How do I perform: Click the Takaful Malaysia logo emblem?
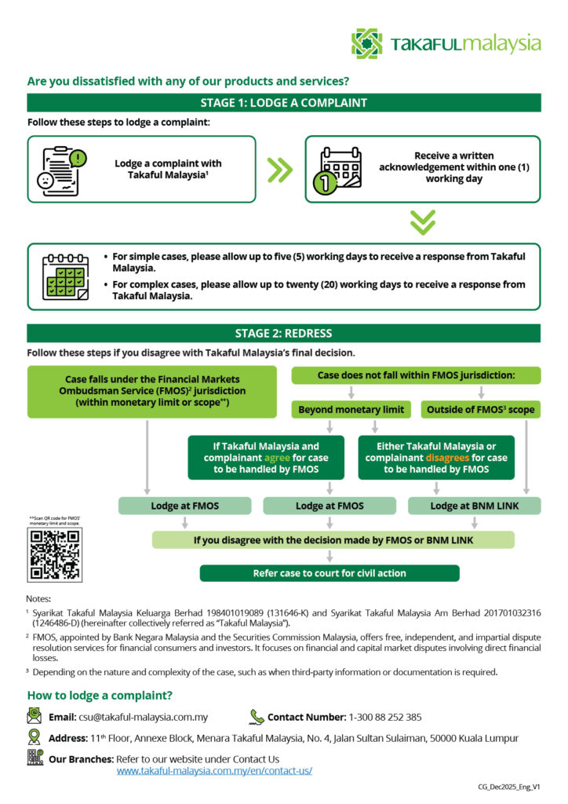click(366, 44)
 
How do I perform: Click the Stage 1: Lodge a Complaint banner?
click(283, 103)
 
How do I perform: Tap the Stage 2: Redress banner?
click(283, 333)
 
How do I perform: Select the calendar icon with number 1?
click(340, 169)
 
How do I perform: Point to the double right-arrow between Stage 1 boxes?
click(279, 169)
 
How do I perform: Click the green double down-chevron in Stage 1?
click(422, 222)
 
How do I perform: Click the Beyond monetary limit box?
click(351, 409)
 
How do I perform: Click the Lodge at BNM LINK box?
click(474, 506)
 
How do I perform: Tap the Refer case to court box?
click(330, 573)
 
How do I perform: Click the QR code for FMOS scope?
click(54, 554)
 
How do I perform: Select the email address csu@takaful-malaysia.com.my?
click(143, 717)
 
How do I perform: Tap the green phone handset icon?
click(257, 716)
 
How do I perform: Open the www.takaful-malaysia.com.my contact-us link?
click(214, 771)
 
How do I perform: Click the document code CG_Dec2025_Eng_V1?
click(509, 787)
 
